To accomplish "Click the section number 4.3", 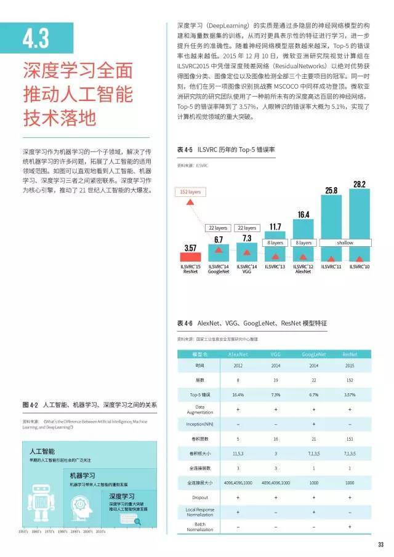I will [x=36, y=39].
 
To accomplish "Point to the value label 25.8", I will [x=331, y=191].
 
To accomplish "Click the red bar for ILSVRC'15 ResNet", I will [x=191, y=257].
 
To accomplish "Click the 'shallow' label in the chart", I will [x=345, y=242].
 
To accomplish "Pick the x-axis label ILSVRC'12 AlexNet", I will [x=303, y=268].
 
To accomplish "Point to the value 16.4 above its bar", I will [x=303, y=215].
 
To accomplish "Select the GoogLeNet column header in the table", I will [x=314, y=355].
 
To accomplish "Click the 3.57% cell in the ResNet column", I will [x=350, y=394].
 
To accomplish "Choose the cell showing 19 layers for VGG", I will [x=275, y=380].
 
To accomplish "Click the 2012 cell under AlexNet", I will [x=238, y=366].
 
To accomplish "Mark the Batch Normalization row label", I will [x=200, y=527].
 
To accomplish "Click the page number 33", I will [x=381, y=544].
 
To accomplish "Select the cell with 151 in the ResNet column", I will [x=350, y=439].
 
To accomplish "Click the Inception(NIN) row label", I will [x=200, y=424].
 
